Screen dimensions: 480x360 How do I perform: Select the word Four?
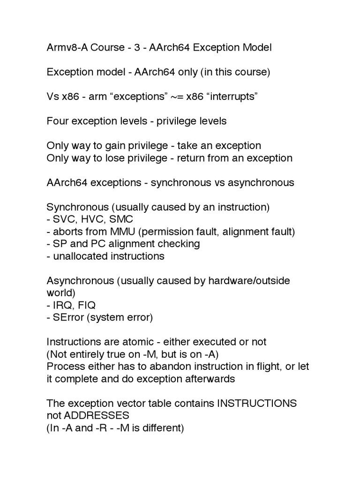click(58, 121)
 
